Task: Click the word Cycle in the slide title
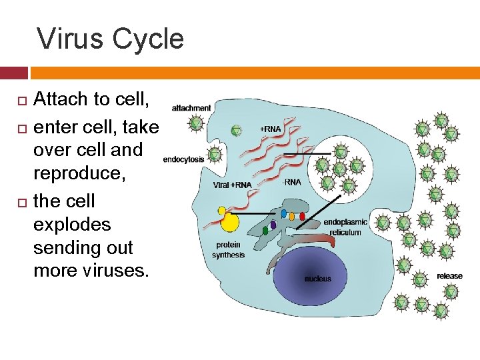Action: pos(148,39)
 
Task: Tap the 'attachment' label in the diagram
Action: pos(191,108)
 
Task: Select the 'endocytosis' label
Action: pos(183,160)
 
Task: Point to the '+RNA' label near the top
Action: pos(271,129)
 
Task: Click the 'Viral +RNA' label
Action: pos(233,185)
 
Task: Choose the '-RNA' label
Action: pos(291,181)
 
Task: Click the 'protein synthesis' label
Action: pos(229,250)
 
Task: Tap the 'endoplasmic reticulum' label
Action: pos(345,227)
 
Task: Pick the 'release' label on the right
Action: pos(449,276)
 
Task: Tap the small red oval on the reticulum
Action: pos(302,216)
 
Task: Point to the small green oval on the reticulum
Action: pos(265,231)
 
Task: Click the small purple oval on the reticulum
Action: pos(273,225)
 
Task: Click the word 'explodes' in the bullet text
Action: pos(72,224)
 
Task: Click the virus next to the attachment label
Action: pos(196,124)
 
